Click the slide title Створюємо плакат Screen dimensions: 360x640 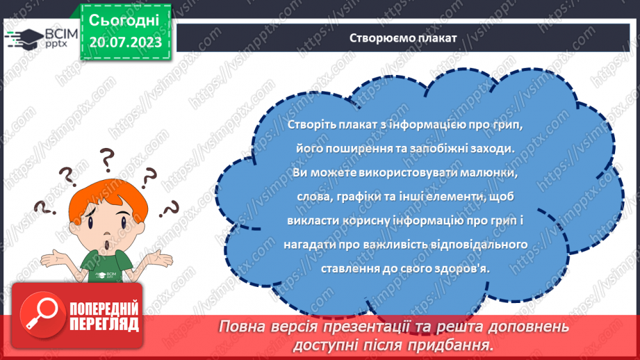point(403,38)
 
